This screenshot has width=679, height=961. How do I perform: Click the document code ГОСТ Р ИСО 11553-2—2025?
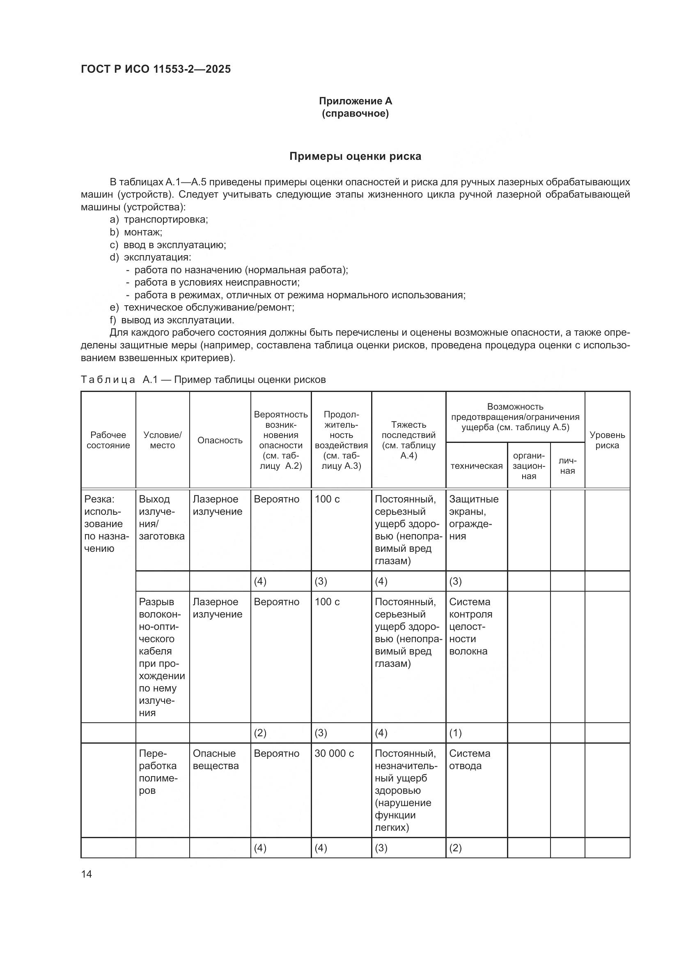(156, 69)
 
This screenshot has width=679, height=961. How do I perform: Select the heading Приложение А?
(356, 101)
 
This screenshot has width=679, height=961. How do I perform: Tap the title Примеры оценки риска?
(356, 157)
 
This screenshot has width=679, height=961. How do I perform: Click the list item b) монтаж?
(136, 232)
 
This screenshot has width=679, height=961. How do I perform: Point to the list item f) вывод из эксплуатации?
(172, 320)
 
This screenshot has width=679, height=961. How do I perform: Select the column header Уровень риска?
(607, 440)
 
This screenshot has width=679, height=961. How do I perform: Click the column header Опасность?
(220, 440)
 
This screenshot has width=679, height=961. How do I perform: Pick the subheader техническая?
(476, 466)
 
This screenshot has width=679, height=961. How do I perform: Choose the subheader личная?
(567, 466)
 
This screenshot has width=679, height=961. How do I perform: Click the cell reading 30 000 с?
(334, 754)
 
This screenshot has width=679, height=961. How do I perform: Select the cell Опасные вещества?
(216, 760)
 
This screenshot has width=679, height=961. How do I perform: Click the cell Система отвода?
(469, 760)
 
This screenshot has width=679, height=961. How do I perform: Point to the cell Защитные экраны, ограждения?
(473, 518)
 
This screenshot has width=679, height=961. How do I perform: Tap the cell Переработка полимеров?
(158, 772)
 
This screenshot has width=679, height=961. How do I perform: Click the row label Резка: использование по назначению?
(106, 523)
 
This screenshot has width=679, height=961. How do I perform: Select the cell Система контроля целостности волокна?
(470, 627)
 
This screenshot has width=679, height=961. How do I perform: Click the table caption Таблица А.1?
(203, 380)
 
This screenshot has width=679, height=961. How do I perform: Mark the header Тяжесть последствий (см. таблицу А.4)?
(408, 440)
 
